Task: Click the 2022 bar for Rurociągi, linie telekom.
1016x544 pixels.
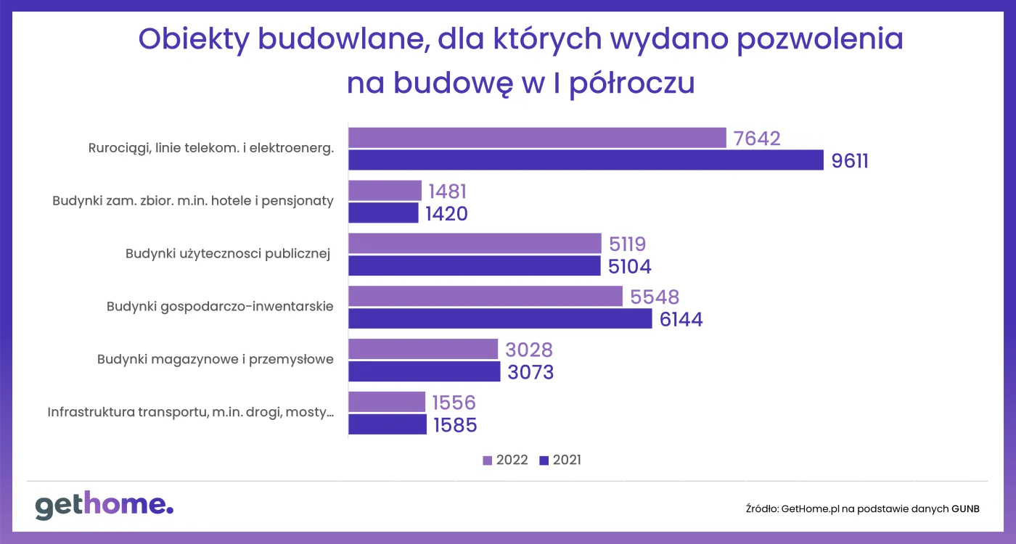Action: [x=537, y=138]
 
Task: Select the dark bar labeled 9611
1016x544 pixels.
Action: [x=586, y=160]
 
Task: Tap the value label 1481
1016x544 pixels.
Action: [x=448, y=191]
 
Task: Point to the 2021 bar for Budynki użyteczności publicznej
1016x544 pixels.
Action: [x=475, y=265]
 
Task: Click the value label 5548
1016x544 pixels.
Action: [x=655, y=297]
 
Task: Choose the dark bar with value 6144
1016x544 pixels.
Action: [x=500, y=318]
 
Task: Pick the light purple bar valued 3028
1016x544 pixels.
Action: [x=423, y=350]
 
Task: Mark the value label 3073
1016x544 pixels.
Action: [x=530, y=372]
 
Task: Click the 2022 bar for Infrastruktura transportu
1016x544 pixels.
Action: [x=387, y=403]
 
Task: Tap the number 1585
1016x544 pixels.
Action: [x=456, y=425]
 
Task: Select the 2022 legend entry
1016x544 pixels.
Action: [x=505, y=461]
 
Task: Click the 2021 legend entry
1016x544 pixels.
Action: [x=560, y=461]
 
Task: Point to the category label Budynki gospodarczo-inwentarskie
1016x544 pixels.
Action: [x=220, y=306]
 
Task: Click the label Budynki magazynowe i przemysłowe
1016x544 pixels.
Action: [x=216, y=359]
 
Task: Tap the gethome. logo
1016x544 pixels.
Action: [x=104, y=506]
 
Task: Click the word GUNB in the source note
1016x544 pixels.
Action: [x=965, y=509]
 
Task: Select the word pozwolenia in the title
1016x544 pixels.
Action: [x=820, y=39]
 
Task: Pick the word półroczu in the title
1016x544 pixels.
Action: [x=631, y=83]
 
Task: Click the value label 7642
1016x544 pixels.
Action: [x=757, y=139]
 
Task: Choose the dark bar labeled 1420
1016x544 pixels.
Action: [x=383, y=213]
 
